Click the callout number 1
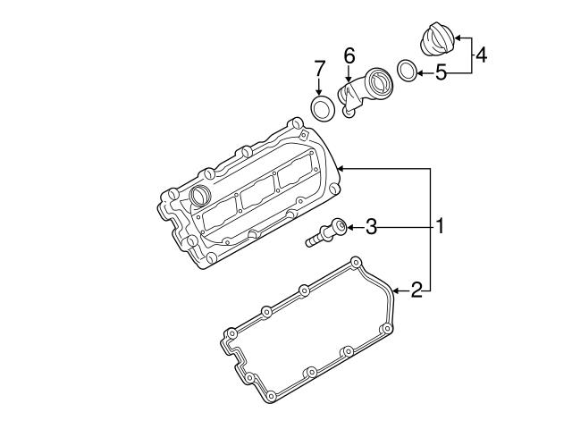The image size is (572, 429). tap(439, 227)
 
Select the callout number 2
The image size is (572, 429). tap(416, 289)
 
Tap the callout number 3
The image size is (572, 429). tap(370, 227)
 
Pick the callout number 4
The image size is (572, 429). tap(480, 55)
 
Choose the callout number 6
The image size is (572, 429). tap(349, 55)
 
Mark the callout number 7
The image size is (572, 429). tap(319, 67)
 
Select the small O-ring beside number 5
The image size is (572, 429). tap(405, 70)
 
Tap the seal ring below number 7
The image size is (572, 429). tap(320, 110)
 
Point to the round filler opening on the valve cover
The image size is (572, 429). tap(198, 196)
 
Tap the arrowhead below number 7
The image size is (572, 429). tap(319, 92)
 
